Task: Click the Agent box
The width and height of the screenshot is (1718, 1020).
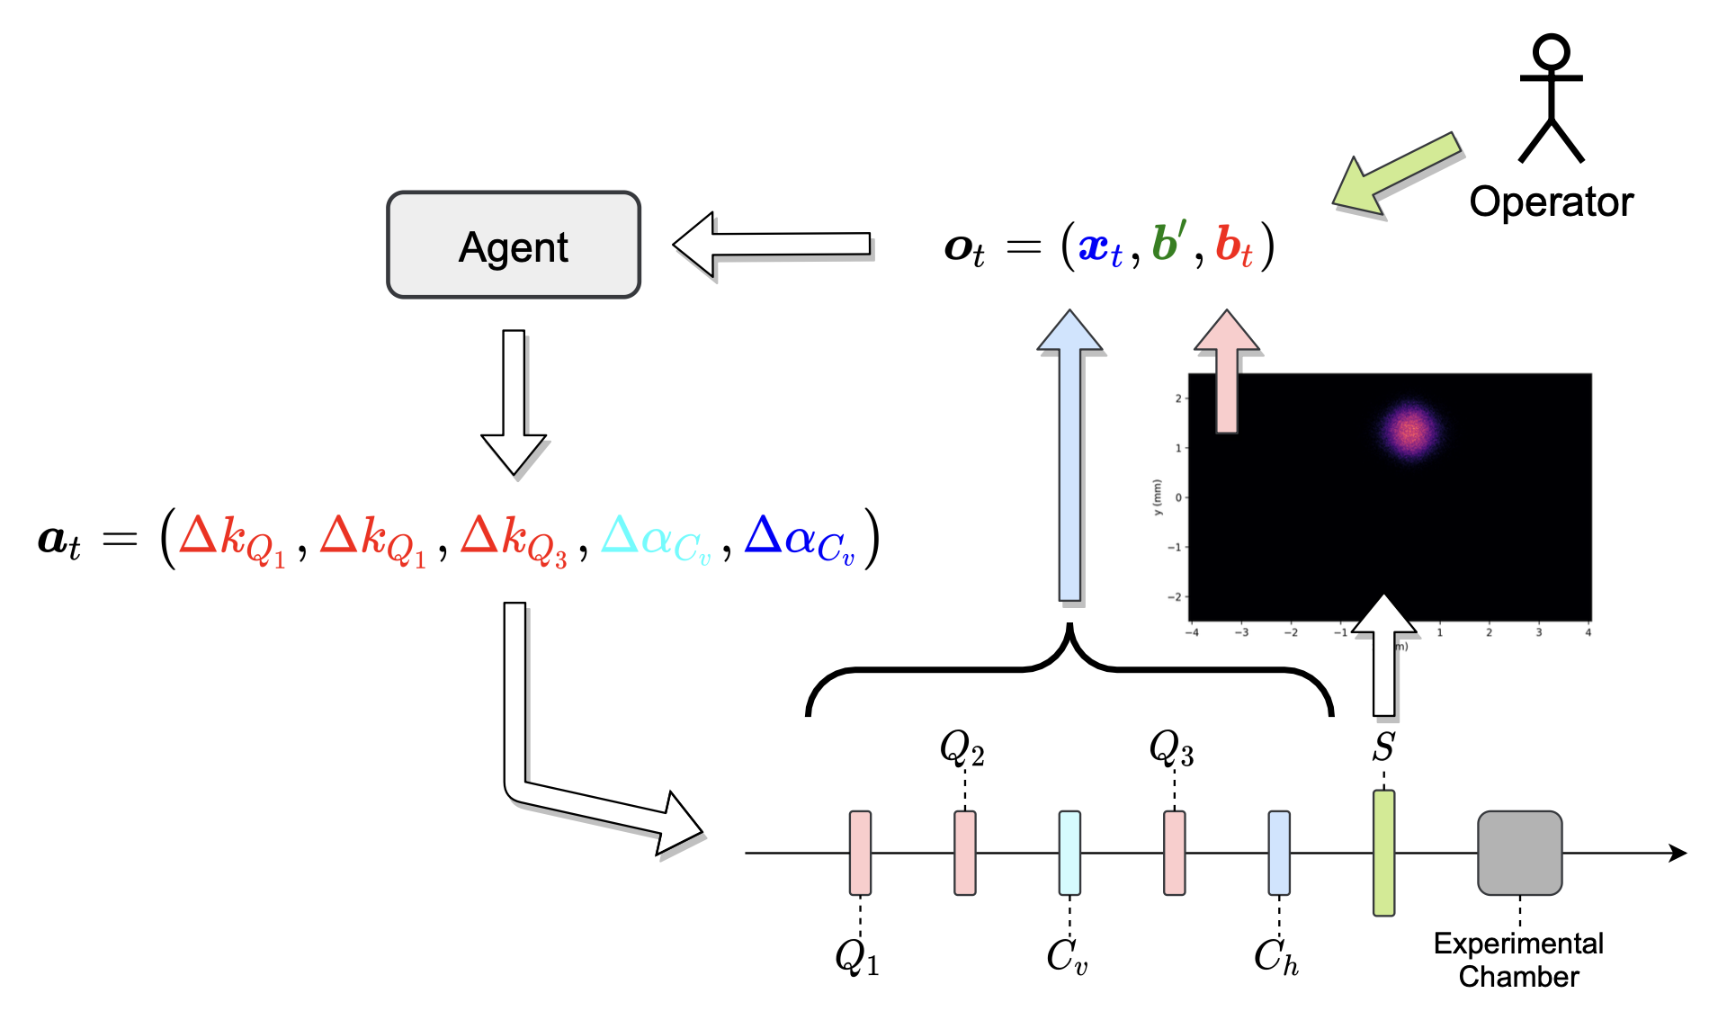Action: tap(513, 245)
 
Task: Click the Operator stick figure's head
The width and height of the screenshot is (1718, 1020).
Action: tap(1551, 51)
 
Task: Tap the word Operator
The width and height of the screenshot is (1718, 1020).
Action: tap(1551, 202)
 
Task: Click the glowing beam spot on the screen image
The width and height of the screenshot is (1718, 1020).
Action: tap(1409, 431)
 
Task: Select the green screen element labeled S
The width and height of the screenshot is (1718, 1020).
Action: tap(1383, 852)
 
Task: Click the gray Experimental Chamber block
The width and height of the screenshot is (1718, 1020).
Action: tap(1519, 853)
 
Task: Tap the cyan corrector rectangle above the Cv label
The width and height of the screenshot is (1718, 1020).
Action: tap(1069, 853)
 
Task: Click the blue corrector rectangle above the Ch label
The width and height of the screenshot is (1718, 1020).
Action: tap(1278, 853)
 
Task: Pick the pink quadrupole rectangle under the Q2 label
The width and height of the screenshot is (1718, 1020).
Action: tap(965, 853)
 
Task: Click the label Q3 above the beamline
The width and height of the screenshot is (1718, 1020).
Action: tap(1171, 748)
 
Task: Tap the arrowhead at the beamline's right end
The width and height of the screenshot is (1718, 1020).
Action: tap(1678, 853)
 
